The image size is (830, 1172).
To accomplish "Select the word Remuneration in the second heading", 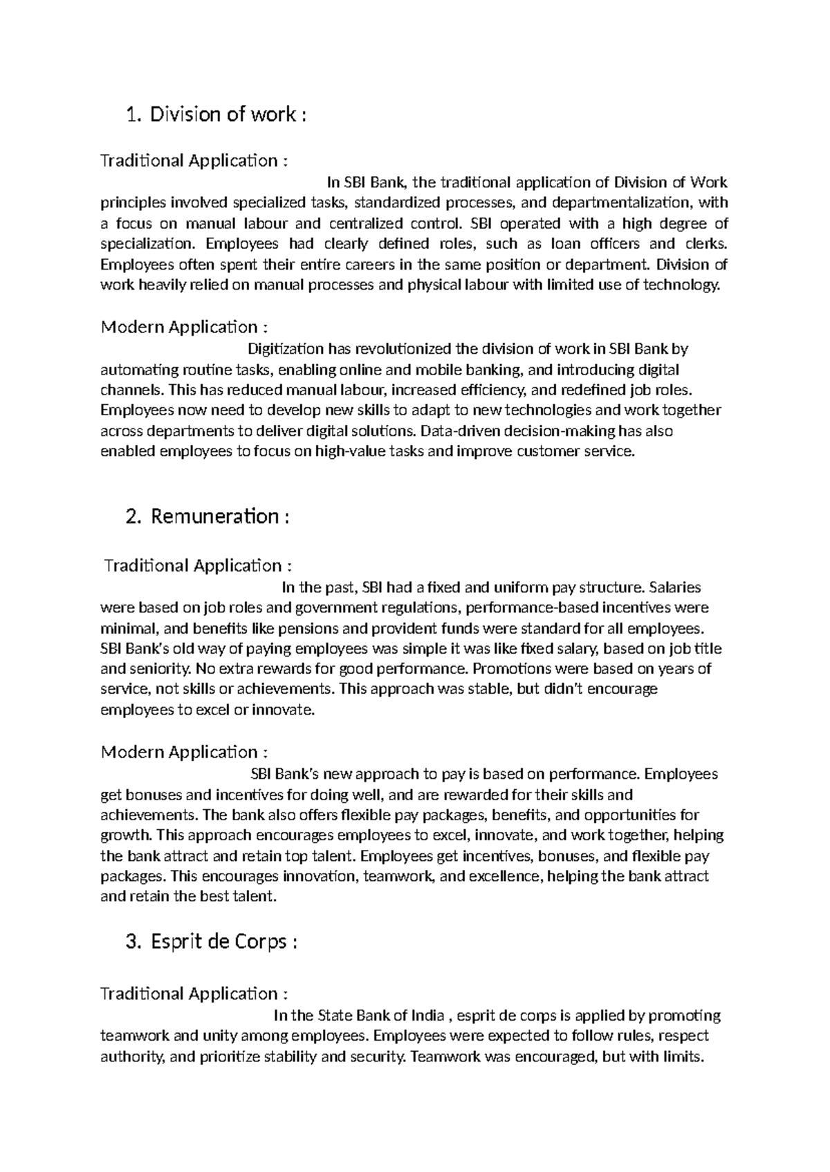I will click(x=214, y=516).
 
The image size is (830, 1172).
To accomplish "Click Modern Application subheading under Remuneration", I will click(x=184, y=752).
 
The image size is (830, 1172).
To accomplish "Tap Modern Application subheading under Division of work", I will click(x=184, y=327).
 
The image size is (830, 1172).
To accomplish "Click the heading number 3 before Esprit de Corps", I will click(x=133, y=942).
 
